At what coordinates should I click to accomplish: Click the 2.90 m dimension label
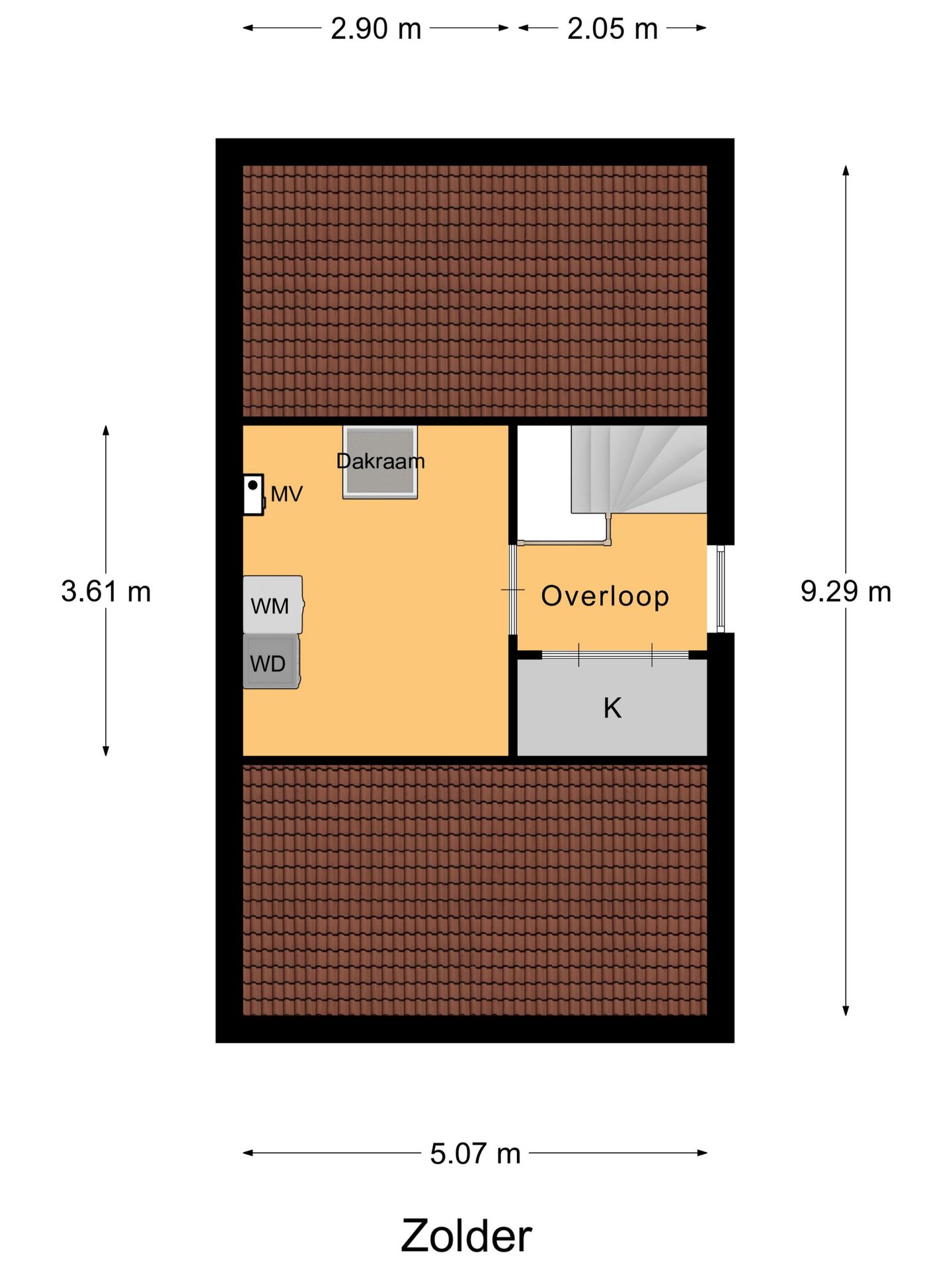(376, 29)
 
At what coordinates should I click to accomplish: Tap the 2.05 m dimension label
(612, 29)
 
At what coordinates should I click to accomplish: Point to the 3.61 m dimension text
(106, 591)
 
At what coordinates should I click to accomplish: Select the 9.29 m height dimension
(846, 591)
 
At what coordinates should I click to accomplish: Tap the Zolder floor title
(466, 1235)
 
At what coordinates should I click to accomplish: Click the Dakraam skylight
(380, 462)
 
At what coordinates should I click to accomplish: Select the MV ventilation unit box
(253, 494)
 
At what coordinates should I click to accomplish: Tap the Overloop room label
(605, 596)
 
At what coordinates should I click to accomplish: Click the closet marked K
(612, 707)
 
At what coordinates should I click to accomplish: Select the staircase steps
(639, 469)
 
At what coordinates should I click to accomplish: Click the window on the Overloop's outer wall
(721, 588)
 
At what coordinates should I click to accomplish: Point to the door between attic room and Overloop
(513, 589)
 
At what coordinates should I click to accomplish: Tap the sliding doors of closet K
(615, 655)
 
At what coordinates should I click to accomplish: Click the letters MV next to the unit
(286, 494)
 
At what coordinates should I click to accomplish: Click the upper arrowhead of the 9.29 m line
(846, 170)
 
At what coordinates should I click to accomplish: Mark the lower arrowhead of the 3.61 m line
(106, 751)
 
